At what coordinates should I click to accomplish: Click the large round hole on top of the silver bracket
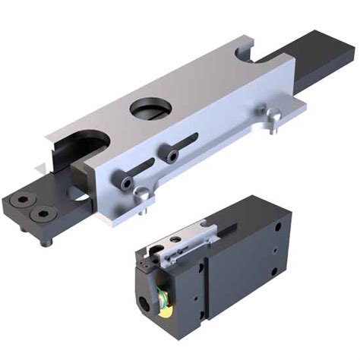[151, 109]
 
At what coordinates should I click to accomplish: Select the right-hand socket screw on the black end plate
[39, 215]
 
